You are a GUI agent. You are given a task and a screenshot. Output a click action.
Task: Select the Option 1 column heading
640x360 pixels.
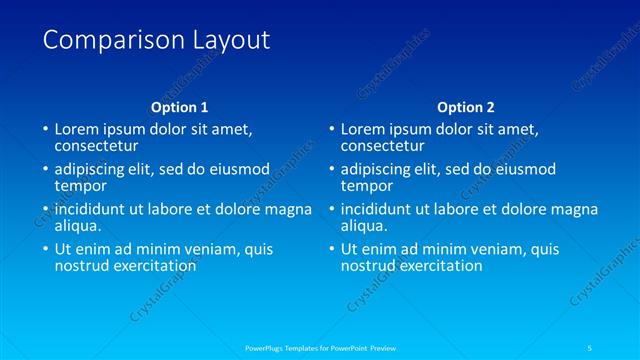(x=180, y=107)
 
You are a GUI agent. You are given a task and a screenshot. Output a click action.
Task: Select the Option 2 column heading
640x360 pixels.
(x=466, y=107)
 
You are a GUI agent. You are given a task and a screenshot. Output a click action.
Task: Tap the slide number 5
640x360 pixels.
(x=591, y=347)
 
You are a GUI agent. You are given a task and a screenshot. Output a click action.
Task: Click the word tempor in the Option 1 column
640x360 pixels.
(x=81, y=186)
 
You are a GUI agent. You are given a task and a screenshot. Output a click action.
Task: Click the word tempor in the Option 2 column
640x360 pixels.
(x=367, y=186)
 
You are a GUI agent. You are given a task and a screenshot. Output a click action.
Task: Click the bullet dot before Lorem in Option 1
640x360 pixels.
(x=44, y=130)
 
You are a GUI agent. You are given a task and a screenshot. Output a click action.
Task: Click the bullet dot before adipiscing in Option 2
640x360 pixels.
(x=330, y=170)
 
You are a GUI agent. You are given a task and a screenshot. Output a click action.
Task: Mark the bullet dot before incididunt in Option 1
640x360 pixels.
(x=44, y=210)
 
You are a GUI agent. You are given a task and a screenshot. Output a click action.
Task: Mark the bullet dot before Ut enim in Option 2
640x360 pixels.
(x=330, y=250)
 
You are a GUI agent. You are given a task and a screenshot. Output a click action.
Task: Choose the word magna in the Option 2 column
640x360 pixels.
(x=575, y=209)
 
